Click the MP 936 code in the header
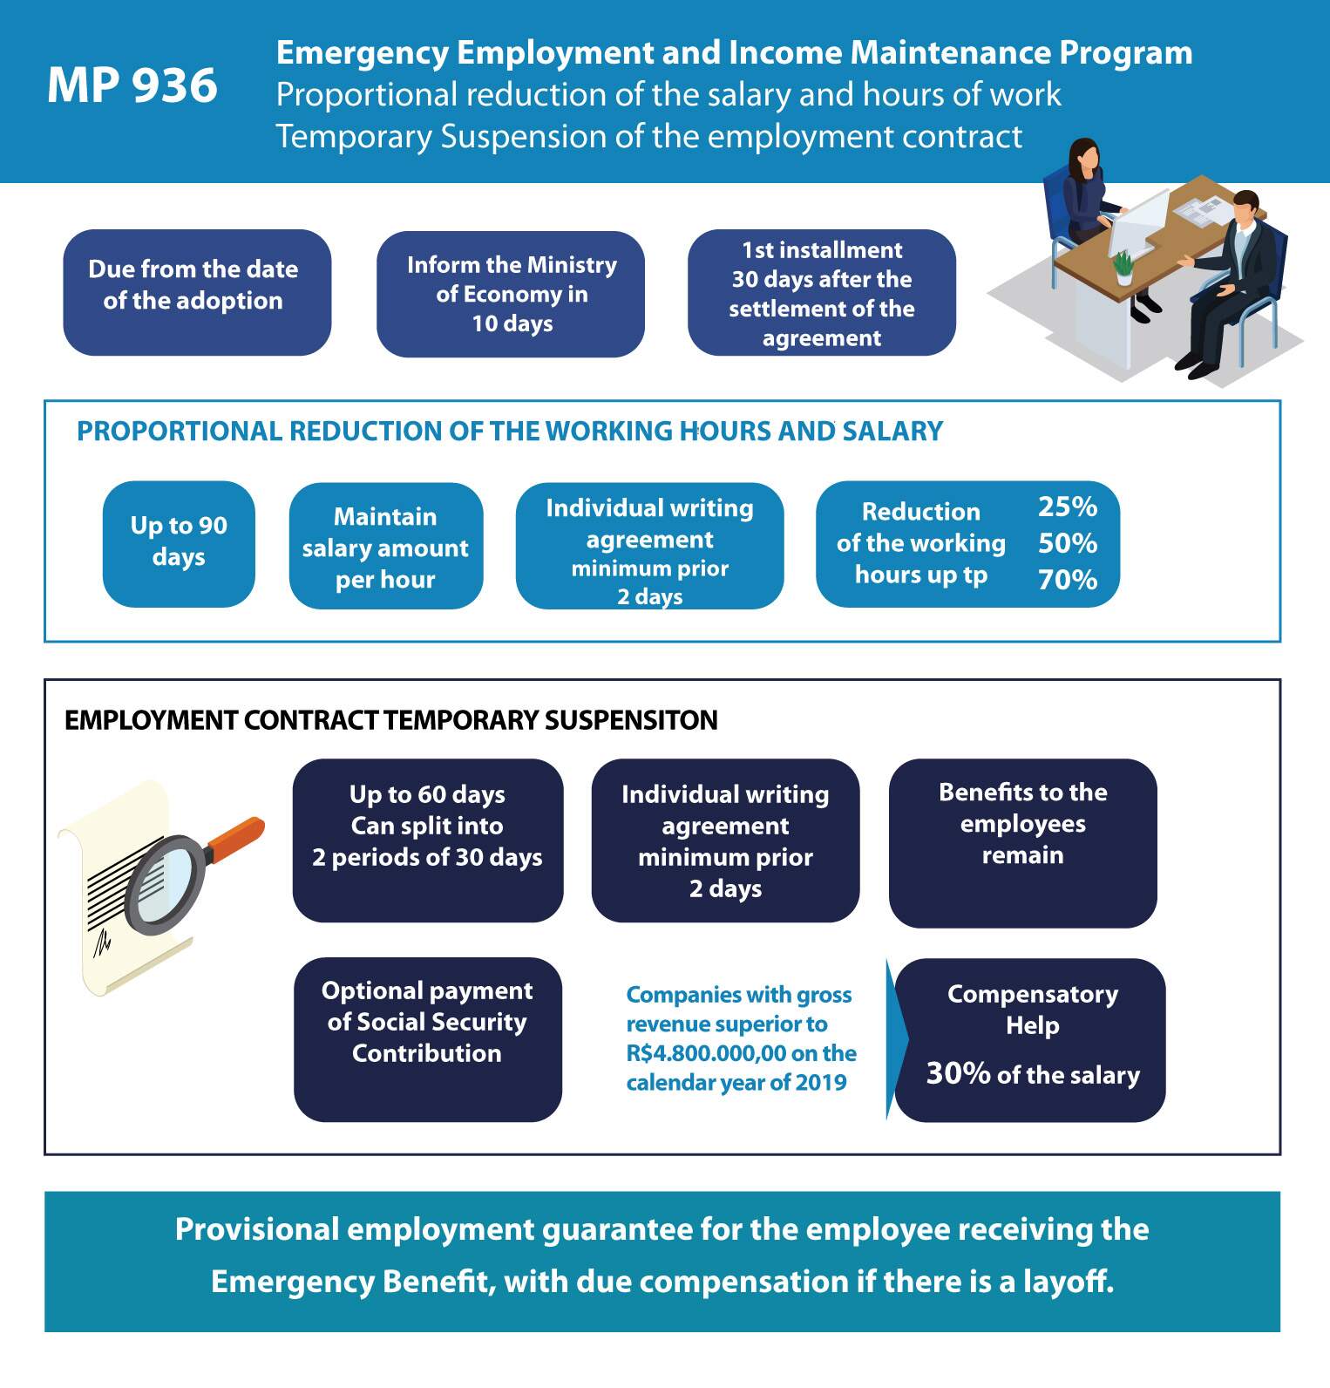point(132,85)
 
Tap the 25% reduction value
point(1068,507)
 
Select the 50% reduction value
point(1068,543)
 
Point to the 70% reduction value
point(1068,580)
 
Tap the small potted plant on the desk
point(1123,267)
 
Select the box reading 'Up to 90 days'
point(179,544)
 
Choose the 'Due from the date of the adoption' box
point(197,292)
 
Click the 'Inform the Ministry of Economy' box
point(511,294)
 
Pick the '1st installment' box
point(822,293)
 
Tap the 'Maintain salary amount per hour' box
point(386,546)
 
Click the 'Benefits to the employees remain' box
point(1023,843)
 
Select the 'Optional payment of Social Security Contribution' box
point(428,1039)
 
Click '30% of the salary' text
point(1033,1074)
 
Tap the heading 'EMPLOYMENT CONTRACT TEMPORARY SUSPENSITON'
point(391,720)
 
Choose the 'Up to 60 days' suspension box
point(428,840)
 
